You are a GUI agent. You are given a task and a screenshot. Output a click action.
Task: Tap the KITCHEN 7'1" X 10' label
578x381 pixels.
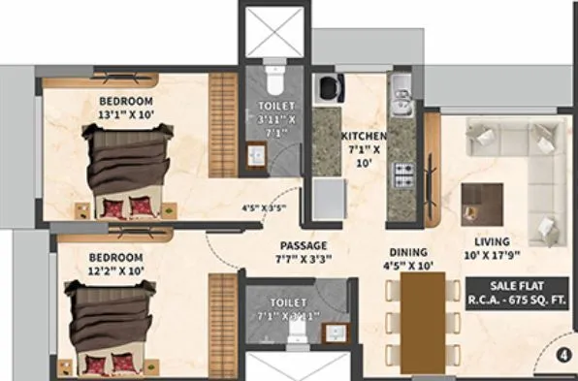364,151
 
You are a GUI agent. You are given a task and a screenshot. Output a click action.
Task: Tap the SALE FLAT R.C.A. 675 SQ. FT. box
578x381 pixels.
516,293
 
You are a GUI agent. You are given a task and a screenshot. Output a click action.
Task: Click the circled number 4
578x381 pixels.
562,355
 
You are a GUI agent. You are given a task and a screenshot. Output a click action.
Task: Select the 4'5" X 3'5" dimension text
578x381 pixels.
264,207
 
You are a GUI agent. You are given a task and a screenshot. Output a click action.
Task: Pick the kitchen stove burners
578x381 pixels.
402,176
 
